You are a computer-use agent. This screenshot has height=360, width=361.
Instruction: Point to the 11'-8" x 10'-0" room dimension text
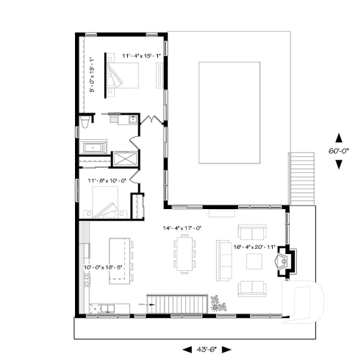107,179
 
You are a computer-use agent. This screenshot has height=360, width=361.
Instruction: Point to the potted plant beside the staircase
217,303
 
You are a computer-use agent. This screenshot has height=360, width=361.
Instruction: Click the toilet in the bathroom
85,121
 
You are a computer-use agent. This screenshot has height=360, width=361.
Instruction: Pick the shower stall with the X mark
123,158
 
